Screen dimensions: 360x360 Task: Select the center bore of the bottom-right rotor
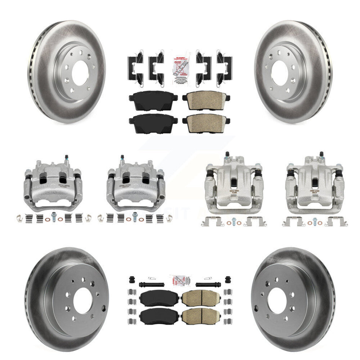(277, 301)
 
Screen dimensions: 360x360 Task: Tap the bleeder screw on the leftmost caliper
(67, 158)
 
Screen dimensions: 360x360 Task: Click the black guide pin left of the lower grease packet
(151, 284)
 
